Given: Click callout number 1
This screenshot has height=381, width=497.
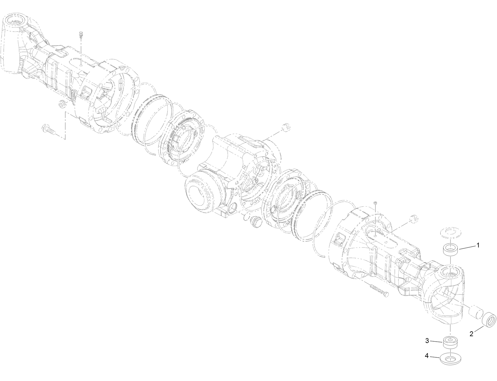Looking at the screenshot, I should coord(478,245).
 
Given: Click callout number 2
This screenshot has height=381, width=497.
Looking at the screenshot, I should coord(471,334).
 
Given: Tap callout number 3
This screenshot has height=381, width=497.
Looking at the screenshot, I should coord(427,341).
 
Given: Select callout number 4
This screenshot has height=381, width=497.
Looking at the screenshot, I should coord(427,356).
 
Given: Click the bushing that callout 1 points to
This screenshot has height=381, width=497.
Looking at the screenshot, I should coord(450,250).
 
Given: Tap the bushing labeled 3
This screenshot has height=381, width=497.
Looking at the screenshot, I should coord(450,343).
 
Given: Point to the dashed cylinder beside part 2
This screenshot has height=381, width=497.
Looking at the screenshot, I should coord(475,313).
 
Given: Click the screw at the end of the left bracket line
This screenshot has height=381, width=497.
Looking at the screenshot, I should coord(49,130).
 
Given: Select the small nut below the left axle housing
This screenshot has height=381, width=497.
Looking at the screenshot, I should coord(62,104).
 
